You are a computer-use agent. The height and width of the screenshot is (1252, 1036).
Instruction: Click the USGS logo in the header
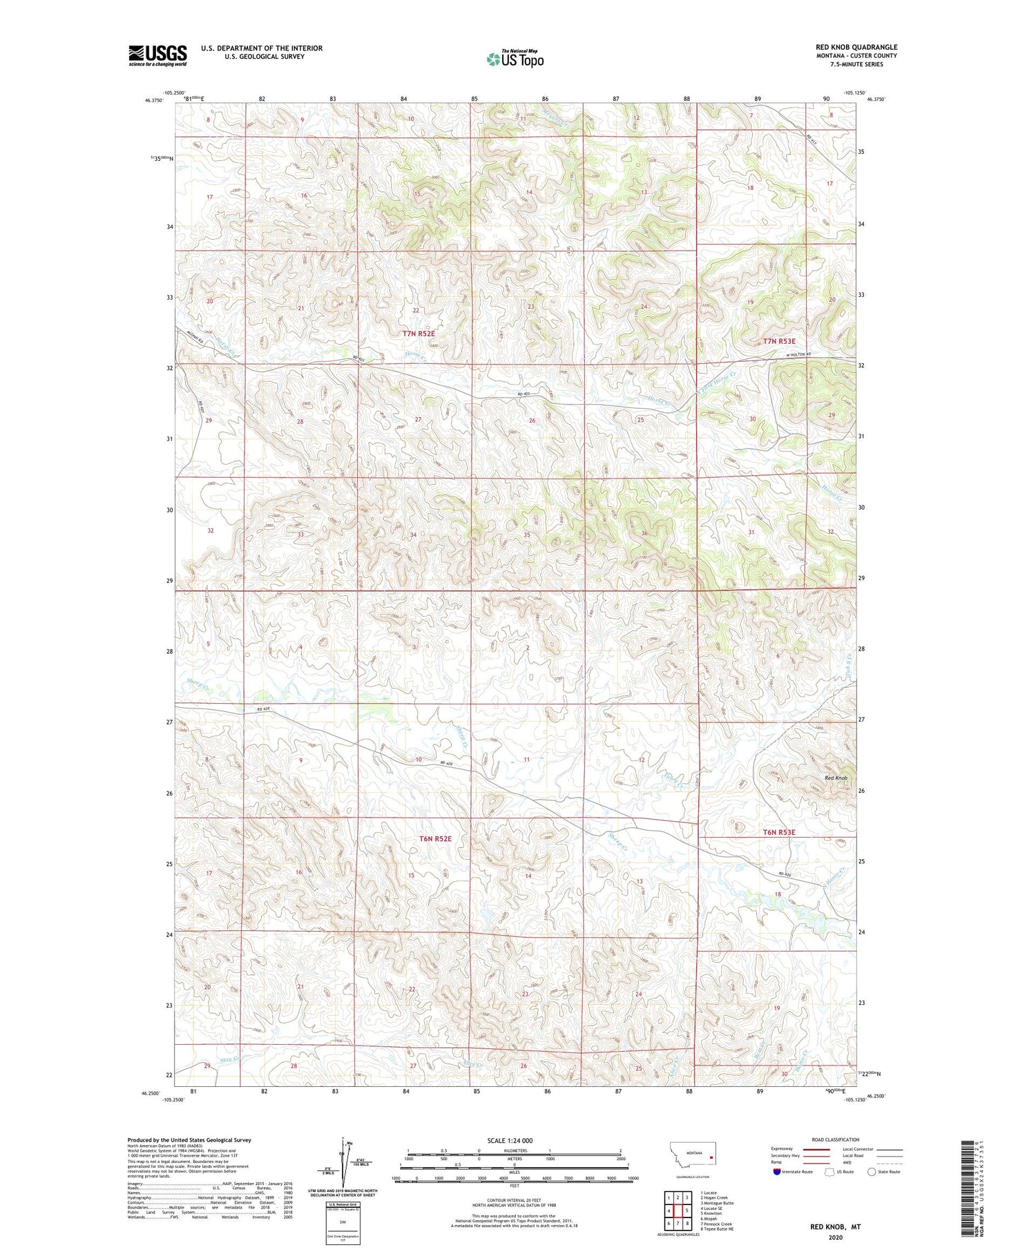click(157, 55)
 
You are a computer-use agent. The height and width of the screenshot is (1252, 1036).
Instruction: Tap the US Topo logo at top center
click(515, 59)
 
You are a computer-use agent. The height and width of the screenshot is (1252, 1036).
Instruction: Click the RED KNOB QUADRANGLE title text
click(856, 47)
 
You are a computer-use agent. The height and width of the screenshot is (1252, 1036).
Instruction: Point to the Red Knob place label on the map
click(836, 778)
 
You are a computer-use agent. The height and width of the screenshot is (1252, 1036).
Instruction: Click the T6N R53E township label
click(779, 833)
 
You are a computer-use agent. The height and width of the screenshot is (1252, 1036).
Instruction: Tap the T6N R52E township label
click(435, 838)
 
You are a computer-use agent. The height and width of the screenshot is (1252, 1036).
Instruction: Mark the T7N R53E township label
click(779, 341)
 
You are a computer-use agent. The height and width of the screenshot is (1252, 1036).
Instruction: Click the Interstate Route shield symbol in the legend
click(778, 1172)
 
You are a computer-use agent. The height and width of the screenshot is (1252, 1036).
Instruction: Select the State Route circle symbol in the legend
click(872, 1172)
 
